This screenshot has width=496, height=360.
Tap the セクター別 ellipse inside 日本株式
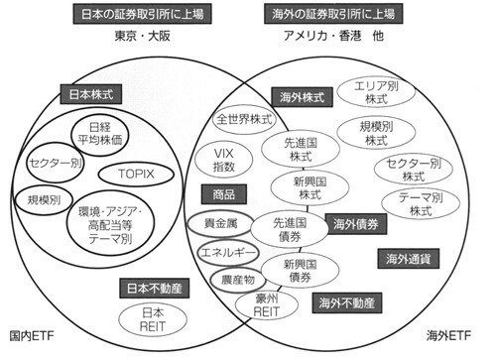click(54, 162)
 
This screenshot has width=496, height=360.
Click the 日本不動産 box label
click(139, 289)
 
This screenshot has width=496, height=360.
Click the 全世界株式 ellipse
click(245, 118)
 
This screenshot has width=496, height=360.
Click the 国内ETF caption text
click(32, 338)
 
